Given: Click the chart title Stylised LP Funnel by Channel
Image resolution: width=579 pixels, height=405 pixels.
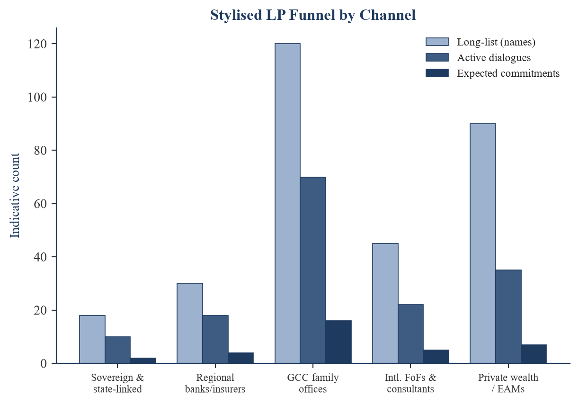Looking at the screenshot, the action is coord(313,15).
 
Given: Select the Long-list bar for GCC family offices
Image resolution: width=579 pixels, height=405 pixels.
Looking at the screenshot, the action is coord(287,203).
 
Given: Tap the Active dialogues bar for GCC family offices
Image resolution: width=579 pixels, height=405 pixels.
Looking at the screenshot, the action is coord(313,270).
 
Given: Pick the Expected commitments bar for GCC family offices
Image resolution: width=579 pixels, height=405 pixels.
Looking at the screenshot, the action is coord(338,342).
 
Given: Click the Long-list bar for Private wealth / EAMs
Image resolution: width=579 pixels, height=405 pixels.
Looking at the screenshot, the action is coord(483,243).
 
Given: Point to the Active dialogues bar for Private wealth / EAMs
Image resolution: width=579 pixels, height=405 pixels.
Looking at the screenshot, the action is coord(508,316).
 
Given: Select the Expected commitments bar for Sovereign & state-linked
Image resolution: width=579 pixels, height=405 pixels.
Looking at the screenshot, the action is coord(143,360).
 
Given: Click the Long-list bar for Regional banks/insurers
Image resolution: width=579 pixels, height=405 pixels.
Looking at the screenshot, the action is coord(190,323).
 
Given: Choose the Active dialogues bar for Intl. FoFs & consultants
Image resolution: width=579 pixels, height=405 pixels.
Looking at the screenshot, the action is coord(411,334).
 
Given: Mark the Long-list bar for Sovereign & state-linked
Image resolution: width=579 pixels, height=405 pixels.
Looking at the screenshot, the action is coord(92,339).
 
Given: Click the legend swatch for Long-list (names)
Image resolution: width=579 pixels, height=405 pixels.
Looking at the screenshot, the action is coord(437,42).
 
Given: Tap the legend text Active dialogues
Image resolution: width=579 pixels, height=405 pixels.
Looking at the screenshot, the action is coord(494,58).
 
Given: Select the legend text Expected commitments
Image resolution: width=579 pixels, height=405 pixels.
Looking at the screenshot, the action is coord(508,73).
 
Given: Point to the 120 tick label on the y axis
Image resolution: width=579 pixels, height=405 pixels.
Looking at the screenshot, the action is coord(37,44).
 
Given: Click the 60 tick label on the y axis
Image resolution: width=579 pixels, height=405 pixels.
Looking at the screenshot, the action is coord(40,204).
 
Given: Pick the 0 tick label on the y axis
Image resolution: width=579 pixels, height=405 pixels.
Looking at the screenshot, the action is coord(44,364).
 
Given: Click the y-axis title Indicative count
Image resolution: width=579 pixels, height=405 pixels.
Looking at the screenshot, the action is coord(15,196).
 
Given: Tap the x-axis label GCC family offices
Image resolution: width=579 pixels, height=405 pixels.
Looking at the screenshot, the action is coord(313,383).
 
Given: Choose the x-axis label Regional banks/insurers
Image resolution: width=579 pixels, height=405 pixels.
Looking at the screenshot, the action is coord(215,383).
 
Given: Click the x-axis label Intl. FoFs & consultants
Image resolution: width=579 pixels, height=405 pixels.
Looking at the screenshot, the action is coord(410,383).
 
